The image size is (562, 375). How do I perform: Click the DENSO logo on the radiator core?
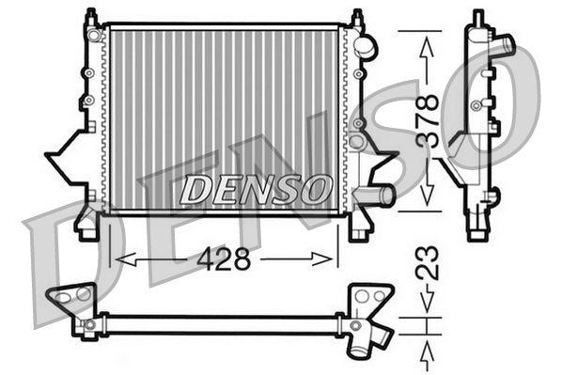256,189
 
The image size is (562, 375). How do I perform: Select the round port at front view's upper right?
367,45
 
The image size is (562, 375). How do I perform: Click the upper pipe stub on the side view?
506,44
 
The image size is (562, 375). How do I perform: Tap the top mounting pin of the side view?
478,17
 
